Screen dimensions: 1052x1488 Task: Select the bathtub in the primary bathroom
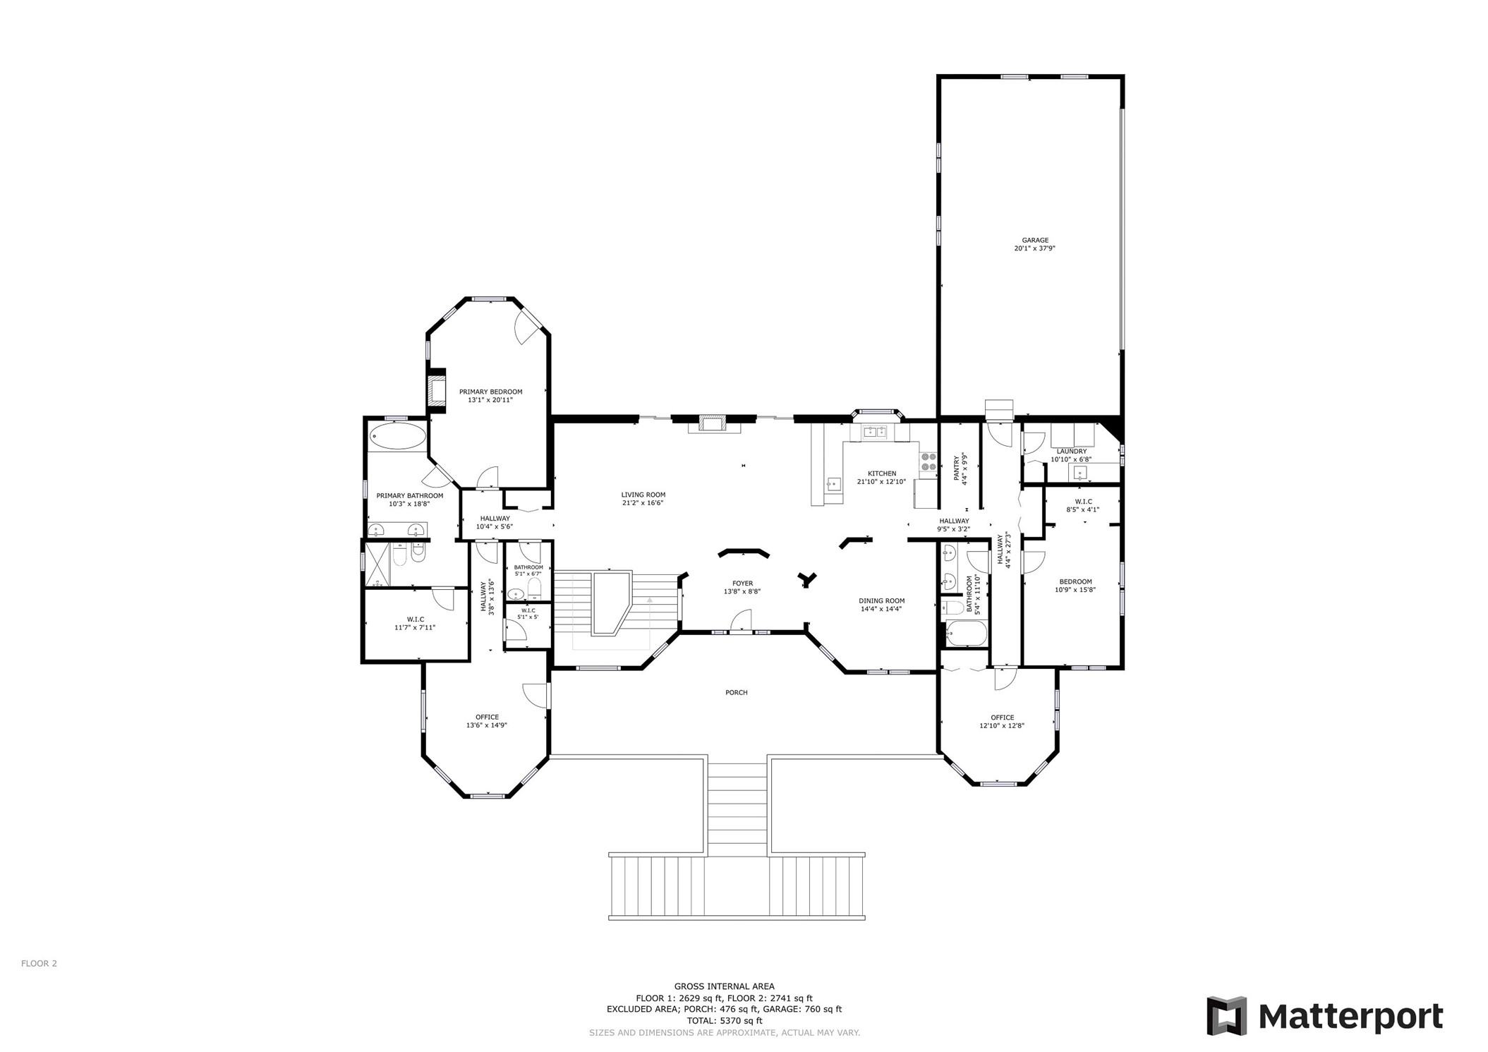398,437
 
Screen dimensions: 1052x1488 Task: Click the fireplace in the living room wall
712,423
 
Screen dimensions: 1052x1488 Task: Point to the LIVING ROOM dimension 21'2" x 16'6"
643,503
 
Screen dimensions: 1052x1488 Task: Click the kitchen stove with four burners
928,461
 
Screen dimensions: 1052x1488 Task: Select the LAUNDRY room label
1071,452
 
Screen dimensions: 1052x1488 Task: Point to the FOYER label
742,584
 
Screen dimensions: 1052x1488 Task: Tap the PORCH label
736,692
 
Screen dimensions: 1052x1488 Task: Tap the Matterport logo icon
1226,1016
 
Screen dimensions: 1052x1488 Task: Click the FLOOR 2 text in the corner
39,963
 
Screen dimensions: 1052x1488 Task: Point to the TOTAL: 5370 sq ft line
724,1020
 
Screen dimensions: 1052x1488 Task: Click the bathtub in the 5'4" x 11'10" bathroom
966,633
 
